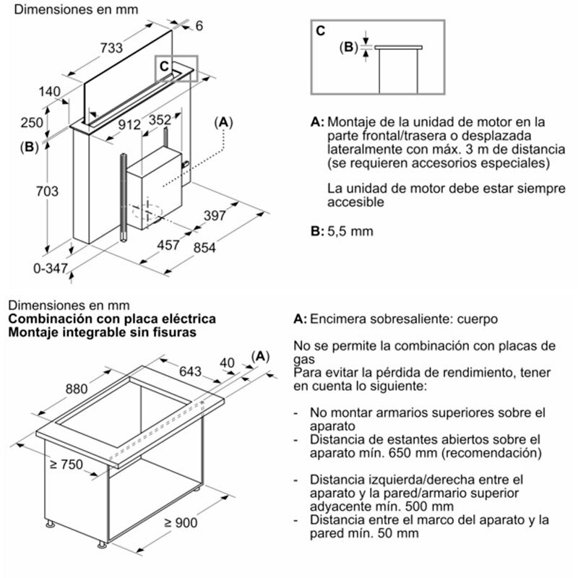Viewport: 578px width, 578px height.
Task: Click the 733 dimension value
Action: pos(111,48)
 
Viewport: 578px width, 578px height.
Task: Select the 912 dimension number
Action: pos(129,124)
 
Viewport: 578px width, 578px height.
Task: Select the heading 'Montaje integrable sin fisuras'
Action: pos(100,332)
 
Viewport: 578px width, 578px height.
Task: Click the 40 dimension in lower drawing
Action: pos(229,362)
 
